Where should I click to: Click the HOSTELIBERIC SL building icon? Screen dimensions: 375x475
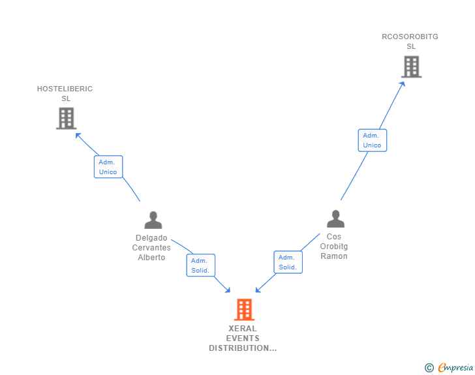point(66,118)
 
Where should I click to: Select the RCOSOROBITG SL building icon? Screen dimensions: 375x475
point(411,67)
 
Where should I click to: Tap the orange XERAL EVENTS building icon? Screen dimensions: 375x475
point(243,309)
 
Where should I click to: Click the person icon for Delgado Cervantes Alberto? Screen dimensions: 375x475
point(153,220)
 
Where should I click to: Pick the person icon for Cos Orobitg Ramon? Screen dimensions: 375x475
point(335,219)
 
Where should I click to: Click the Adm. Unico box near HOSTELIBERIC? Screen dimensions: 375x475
point(108,167)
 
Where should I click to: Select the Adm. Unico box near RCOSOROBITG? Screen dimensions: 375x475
point(372,140)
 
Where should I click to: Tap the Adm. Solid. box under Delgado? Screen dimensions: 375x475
point(200,265)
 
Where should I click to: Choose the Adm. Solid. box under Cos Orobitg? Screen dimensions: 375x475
point(288,262)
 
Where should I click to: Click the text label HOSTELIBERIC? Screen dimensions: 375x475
point(65,89)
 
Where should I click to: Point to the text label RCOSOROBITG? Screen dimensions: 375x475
point(410,37)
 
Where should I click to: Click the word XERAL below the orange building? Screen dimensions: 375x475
point(243,329)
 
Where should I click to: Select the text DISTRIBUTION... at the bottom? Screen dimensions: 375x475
point(243,348)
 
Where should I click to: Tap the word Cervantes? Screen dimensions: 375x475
point(151,248)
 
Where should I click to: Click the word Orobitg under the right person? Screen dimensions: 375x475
point(334,247)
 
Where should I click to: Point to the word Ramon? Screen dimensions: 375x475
point(334,256)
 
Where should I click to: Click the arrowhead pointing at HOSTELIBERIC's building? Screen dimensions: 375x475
point(78,135)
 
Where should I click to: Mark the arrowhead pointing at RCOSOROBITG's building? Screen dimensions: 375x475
point(403,83)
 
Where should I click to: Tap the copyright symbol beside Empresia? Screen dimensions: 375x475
point(429,368)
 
